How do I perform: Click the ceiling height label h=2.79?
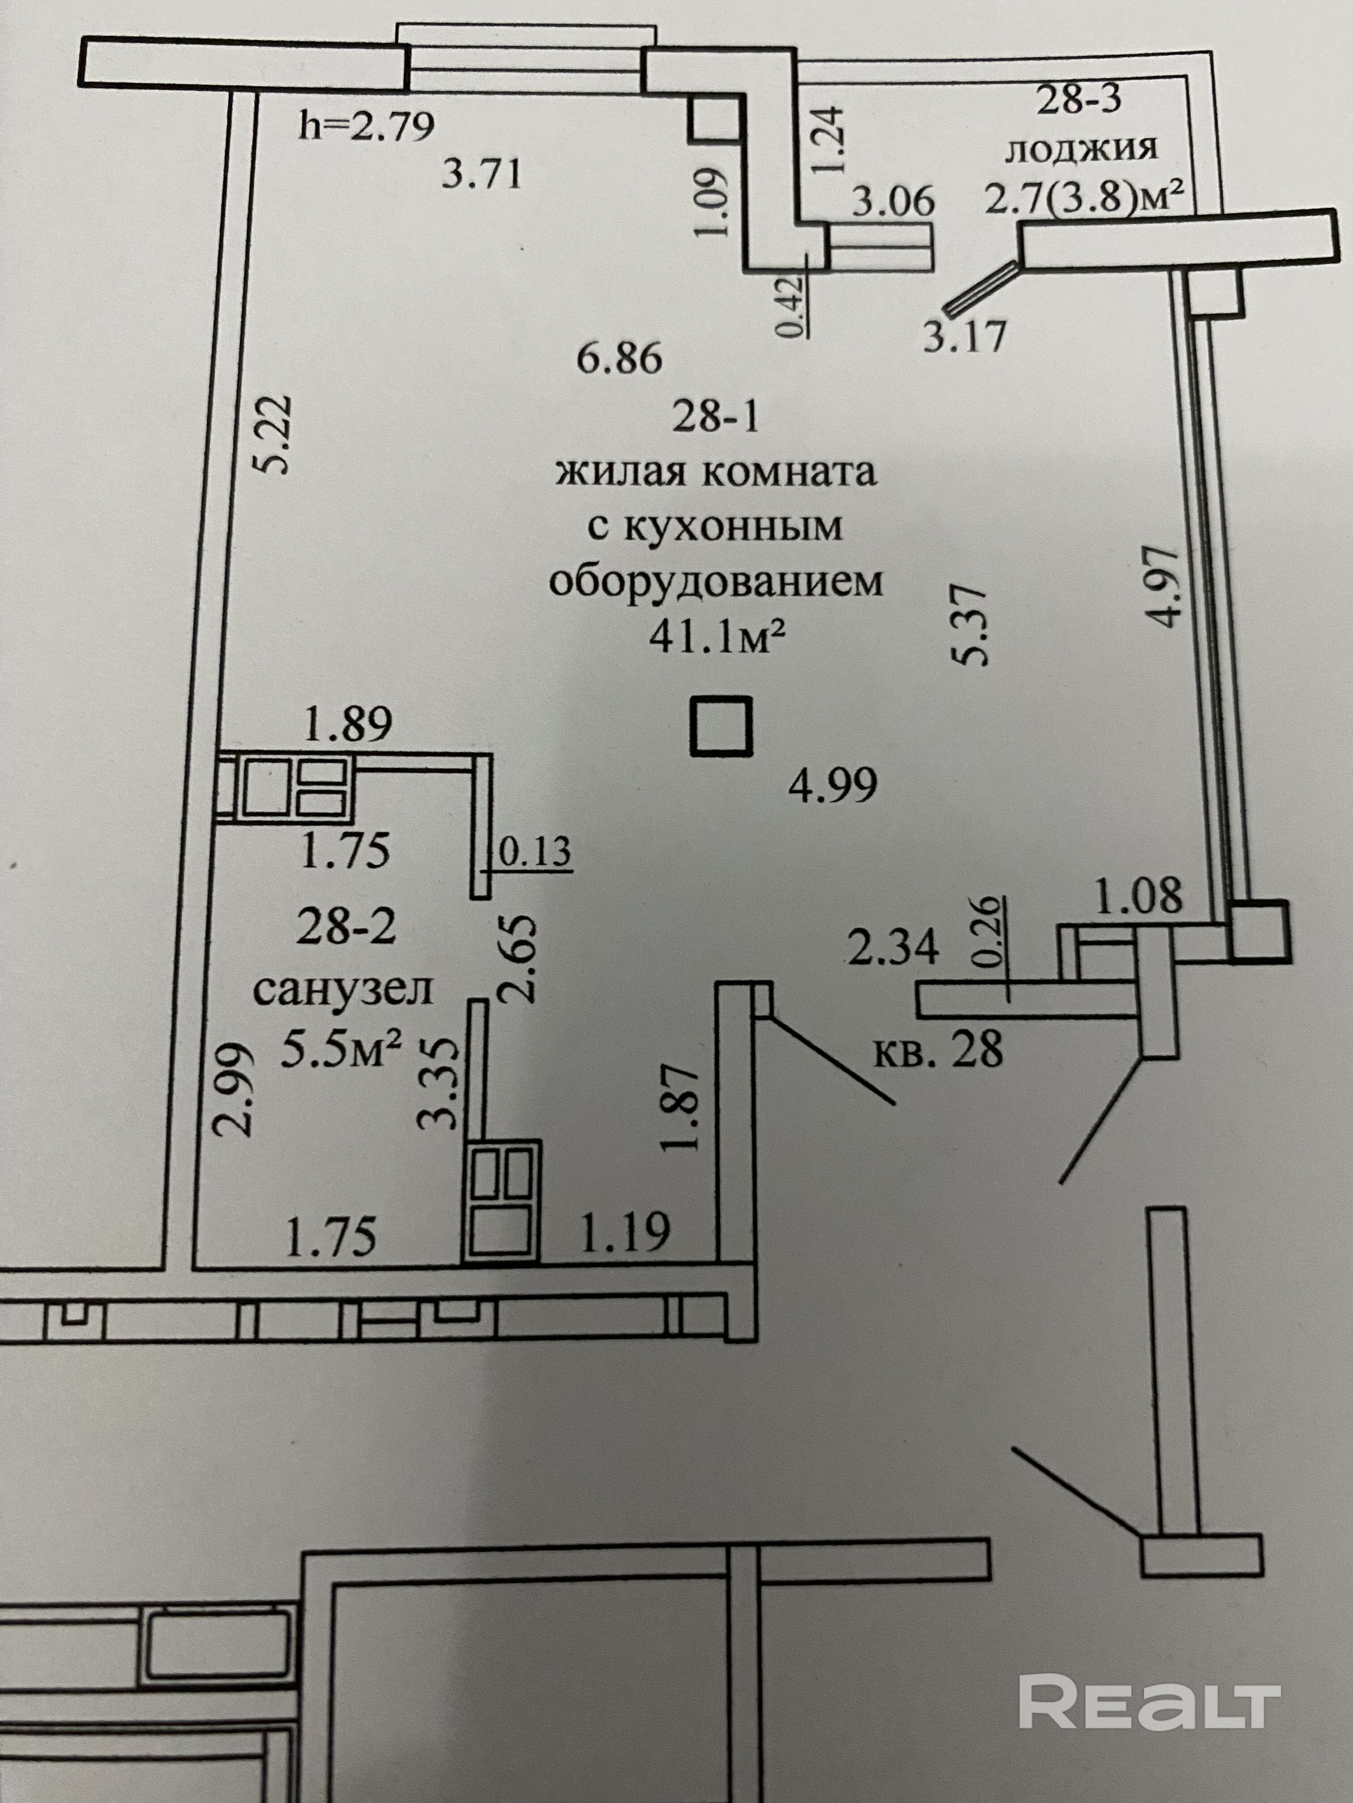[367, 127]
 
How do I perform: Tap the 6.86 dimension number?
[620, 359]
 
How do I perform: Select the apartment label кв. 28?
[938, 1051]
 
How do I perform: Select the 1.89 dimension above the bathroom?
[348, 724]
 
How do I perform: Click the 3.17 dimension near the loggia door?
[965, 336]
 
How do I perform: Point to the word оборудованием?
[716, 583]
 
